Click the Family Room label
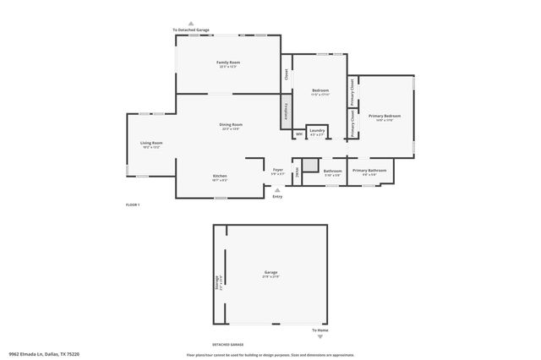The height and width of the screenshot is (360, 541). coord(228,63)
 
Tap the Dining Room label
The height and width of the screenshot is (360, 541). coord(232,126)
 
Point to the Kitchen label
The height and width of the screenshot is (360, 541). coord(220,177)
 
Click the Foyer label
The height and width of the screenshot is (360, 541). coord(277,171)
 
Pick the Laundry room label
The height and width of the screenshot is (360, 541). coord(317,131)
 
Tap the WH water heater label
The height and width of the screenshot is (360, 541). coord(298,134)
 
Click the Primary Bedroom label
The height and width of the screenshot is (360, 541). coord(384,117)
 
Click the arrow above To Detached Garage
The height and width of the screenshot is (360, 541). coord(191,24)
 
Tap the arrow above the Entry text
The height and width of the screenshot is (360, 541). coord(277,190)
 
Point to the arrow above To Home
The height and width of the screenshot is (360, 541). coord(320,324)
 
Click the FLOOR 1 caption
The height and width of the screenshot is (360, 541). coord(132,205)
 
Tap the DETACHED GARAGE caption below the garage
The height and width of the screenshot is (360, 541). coord(227,345)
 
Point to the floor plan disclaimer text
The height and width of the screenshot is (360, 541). coord(270,355)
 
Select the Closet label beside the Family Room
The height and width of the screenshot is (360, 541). coord(286,74)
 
